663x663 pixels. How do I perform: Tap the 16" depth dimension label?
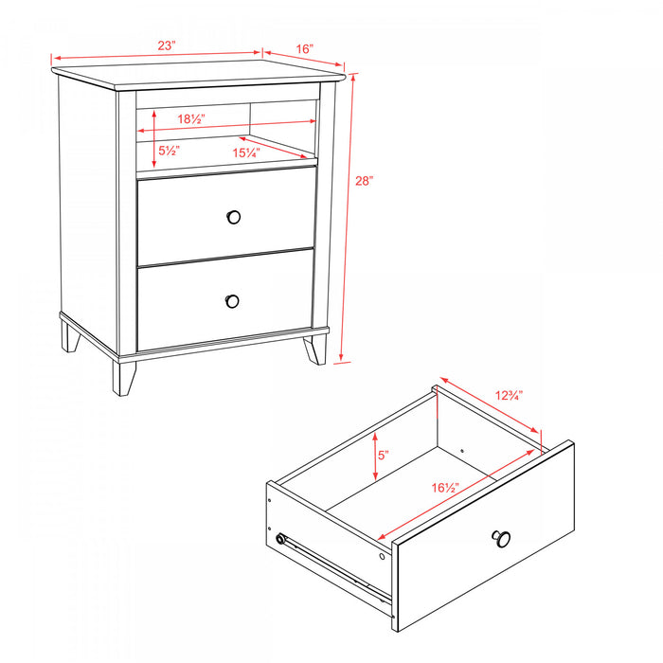pos(304,47)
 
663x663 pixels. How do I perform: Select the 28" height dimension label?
pos(366,180)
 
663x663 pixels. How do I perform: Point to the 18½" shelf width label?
pos(192,118)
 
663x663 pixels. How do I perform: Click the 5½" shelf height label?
pos(170,150)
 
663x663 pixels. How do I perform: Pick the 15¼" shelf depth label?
pos(248,152)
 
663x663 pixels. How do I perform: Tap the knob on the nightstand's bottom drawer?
pos(232,300)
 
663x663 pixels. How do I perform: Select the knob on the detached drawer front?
pos(501,539)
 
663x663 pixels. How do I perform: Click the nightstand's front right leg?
pos(314,349)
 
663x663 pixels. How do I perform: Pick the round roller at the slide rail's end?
pos(280,539)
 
